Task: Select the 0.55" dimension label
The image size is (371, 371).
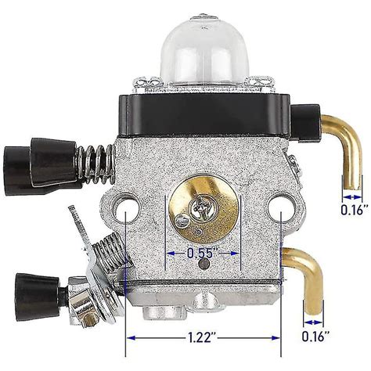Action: click(202, 253)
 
